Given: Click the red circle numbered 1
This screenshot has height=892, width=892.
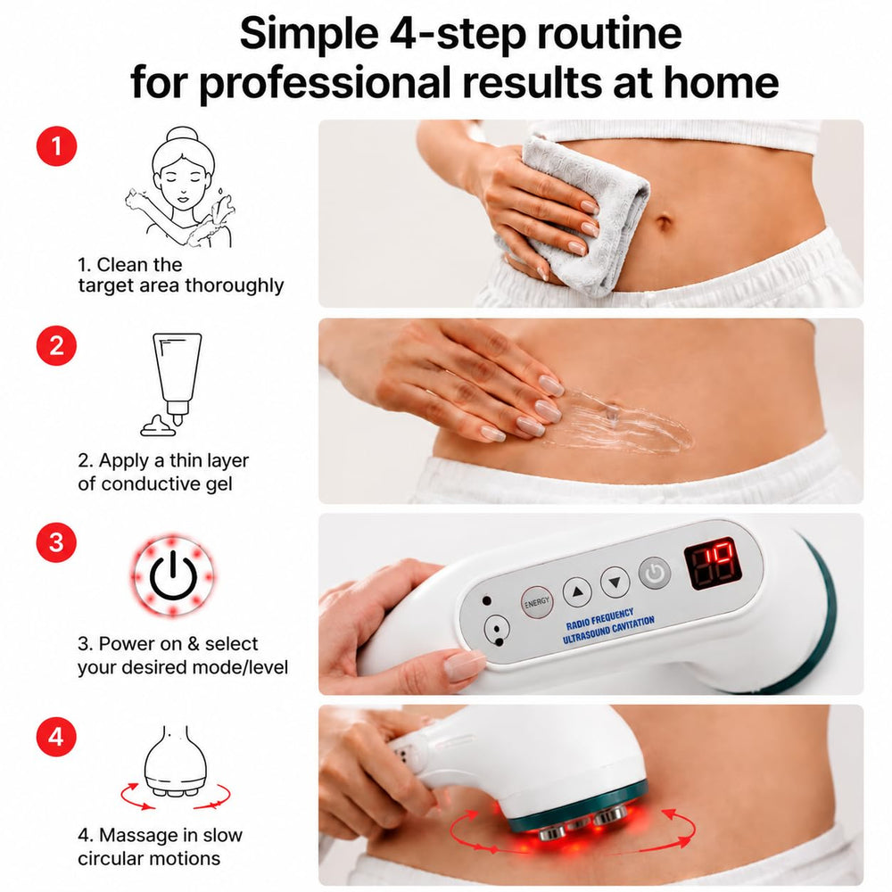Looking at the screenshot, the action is coord(56,146).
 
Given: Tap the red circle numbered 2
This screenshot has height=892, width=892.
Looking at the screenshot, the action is coord(56,345).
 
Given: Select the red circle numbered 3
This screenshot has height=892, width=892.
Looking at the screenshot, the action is coord(56,542).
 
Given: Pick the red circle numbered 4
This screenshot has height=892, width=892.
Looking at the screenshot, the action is coord(56,737).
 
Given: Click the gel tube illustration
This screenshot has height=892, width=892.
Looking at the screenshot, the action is coord(172,384).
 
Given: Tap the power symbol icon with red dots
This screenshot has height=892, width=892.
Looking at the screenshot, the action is coord(173,575).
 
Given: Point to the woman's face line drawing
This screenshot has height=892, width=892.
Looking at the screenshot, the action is coord(181,186).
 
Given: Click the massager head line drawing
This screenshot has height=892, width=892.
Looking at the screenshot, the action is coord(174,768).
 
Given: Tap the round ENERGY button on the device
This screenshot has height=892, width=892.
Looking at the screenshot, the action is coord(536,602).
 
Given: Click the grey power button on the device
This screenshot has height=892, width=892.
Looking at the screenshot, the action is coord(654,573).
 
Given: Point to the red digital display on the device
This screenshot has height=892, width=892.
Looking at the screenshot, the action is coord(713,565).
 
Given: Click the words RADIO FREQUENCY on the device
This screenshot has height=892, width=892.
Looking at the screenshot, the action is coord(599,618).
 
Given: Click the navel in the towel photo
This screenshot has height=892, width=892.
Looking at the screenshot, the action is coord(664,220).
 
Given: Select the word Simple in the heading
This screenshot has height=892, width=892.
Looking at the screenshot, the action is coord(309,33).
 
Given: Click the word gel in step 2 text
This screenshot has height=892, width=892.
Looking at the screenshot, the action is coord(219,484).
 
